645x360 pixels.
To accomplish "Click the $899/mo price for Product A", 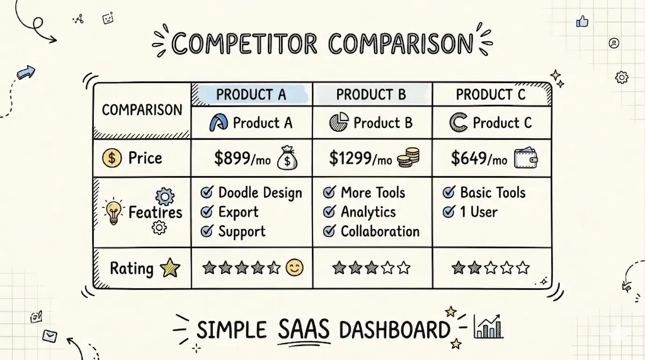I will click(x=242, y=159).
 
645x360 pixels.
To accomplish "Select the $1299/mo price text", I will click(x=360, y=159).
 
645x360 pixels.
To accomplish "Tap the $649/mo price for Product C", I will click(x=479, y=159).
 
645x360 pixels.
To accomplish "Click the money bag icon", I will click(x=287, y=158).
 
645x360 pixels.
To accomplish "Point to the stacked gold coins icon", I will click(x=408, y=157).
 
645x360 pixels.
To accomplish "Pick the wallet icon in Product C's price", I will click(x=526, y=158).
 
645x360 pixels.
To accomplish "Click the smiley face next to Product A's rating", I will click(x=294, y=268).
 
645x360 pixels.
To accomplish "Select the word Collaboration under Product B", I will click(x=380, y=231).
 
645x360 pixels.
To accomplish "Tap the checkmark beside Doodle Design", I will click(x=207, y=192).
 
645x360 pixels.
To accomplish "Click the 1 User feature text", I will click(x=478, y=212).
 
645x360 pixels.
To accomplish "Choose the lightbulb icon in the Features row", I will click(x=113, y=212).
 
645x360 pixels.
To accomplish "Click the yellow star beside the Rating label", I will click(x=170, y=268).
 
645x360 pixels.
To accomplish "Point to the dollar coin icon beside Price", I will click(x=111, y=158).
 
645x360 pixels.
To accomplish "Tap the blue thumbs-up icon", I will click(x=582, y=21).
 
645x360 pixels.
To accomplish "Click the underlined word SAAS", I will click(x=303, y=330).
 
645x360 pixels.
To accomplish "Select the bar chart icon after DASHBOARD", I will click(x=488, y=327).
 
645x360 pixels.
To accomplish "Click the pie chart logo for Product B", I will click(x=339, y=123).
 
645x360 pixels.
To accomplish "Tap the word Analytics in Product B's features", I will click(x=368, y=212).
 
